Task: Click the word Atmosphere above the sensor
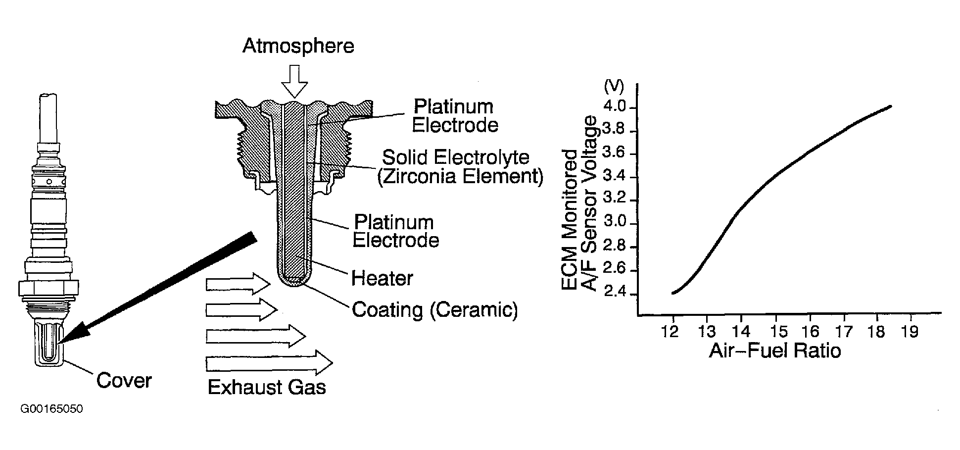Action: click(x=298, y=46)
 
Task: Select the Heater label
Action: click(x=382, y=278)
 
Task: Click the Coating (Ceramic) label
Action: click(x=434, y=310)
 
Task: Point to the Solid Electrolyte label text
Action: click(x=456, y=157)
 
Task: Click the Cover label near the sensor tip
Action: click(x=124, y=380)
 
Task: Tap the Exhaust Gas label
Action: click(x=267, y=387)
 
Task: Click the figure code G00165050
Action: click(x=51, y=409)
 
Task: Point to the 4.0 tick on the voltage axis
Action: click(x=615, y=107)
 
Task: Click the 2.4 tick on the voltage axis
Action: click(x=615, y=294)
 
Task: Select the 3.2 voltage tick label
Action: click(x=615, y=200)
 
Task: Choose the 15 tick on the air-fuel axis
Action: click(x=775, y=331)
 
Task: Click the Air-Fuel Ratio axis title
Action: click(x=775, y=351)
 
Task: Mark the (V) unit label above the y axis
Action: click(x=614, y=86)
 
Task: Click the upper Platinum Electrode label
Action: click(x=454, y=116)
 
